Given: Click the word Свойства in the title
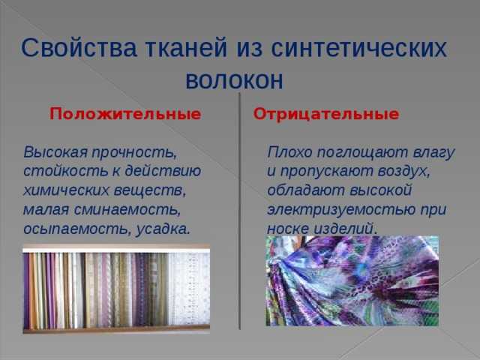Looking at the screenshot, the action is coord(79,48).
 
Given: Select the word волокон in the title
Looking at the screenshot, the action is coord(235,80).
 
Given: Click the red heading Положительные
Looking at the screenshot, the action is coord(125,114).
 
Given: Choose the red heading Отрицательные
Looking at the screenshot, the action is coord(326,114).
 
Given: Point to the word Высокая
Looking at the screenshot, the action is coord(55,152).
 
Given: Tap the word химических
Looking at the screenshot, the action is coord(66,190).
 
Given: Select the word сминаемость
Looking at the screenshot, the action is coord(127,210).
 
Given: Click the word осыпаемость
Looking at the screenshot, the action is coord(77,229).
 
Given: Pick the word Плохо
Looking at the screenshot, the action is coord(289,152).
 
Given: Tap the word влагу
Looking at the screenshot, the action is coord(434,153).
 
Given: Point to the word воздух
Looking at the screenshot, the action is coord(403,172).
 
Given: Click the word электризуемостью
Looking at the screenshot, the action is coord(341,210).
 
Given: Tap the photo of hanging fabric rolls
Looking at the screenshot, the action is coord(116,288).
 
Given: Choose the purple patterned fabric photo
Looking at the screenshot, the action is coord(352,280).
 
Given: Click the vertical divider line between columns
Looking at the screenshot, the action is coord(240,211).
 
